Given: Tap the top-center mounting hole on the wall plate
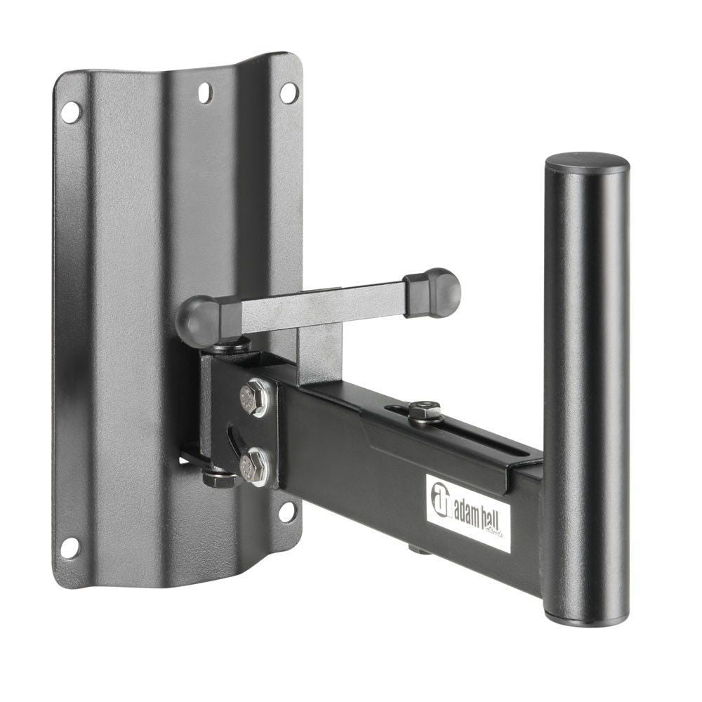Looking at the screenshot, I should click(x=204, y=91).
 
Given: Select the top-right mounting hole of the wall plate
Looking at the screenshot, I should click(x=289, y=92).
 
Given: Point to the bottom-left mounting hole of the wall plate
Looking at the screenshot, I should click(x=69, y=547).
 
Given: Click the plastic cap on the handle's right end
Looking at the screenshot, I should click(x=439, y=292).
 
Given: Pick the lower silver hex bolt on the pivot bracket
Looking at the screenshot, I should click(x=253, y=466).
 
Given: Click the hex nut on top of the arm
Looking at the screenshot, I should click(x=424, y=410).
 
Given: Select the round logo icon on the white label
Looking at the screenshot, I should click(x=440, y=498).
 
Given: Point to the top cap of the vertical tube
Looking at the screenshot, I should click(x=587, y=163).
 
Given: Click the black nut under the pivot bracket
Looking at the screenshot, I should click(x=220, y=479).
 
